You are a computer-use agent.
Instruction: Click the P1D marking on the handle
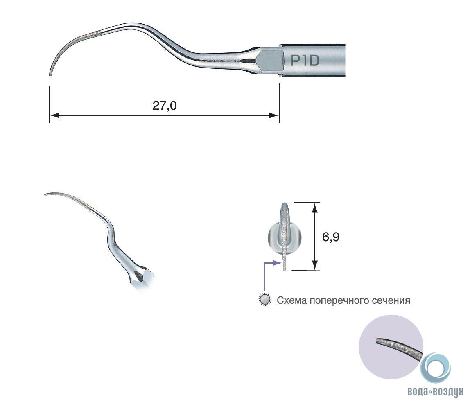pos(305,61)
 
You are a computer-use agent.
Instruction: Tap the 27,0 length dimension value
pos(165,106)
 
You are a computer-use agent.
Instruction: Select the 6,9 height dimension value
pos(331,237)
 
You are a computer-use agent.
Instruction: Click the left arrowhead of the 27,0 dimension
pos(54,115)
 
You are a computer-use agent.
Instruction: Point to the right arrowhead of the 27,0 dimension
pos(274,115)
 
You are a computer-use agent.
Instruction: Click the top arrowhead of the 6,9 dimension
pos(314,208)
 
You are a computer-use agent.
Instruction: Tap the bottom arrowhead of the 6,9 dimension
pos(314,265)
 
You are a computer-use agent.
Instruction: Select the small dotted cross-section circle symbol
pos(265,300)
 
